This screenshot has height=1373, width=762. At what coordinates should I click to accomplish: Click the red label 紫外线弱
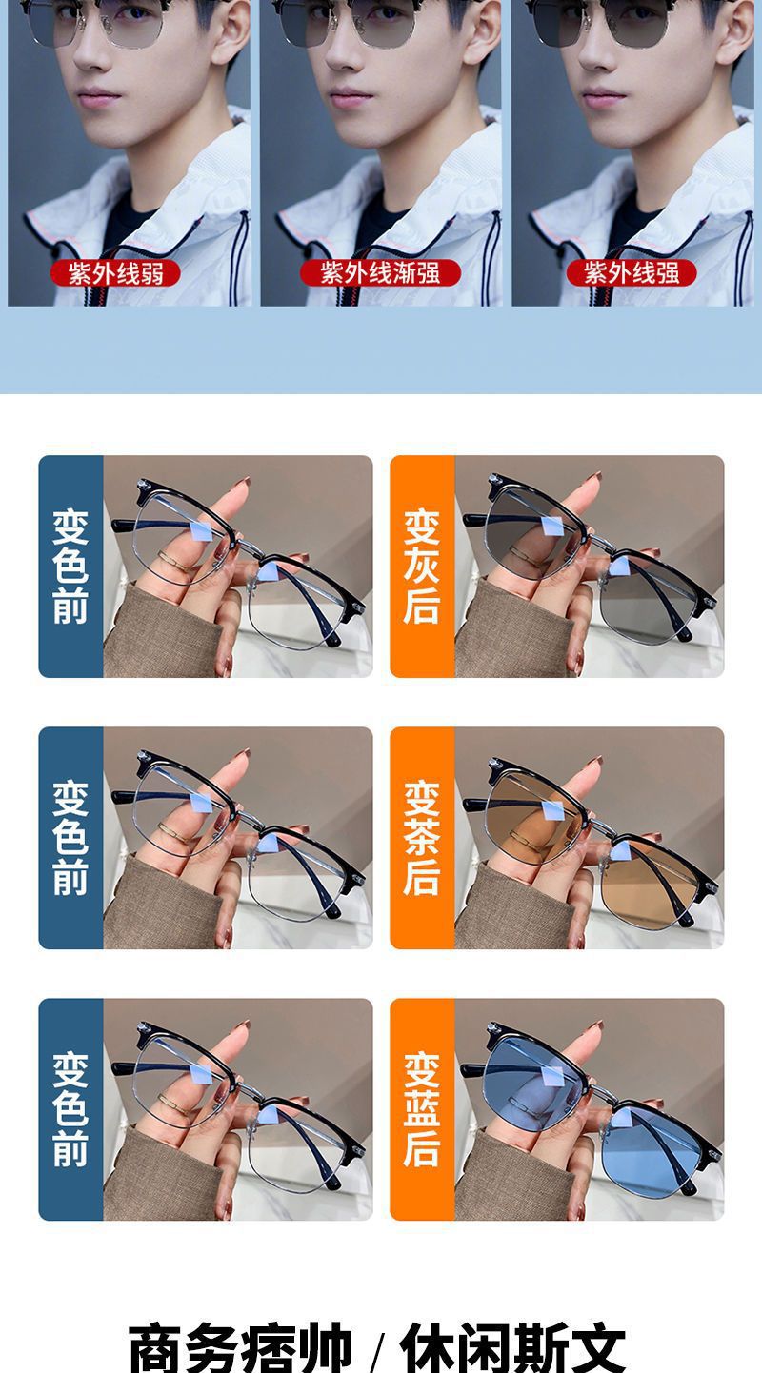tap(115, 273)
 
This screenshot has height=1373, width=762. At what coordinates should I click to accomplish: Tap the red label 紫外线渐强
tap(380, 272)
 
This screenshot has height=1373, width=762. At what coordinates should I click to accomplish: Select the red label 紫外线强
tap(632, 272)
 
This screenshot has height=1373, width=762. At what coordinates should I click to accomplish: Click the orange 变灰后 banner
tap(422, 567)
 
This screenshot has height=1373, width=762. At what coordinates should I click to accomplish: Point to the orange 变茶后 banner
tap(422, 838)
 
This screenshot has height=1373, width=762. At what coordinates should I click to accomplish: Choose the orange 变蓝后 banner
tap(422, 1109)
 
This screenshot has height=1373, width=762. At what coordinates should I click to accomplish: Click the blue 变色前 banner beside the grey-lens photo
tap(71, 567)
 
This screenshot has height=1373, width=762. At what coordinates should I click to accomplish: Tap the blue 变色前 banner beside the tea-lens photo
tap(71, 838)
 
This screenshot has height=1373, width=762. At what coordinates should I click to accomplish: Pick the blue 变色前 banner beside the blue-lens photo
tap(71, 1109)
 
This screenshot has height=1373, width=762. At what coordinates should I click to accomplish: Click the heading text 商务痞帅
tap(241, 1348)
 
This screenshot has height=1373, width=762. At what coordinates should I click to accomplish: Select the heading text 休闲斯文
tap(512, 1348)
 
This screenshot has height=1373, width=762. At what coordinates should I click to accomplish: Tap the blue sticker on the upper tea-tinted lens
tap(553, 810)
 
